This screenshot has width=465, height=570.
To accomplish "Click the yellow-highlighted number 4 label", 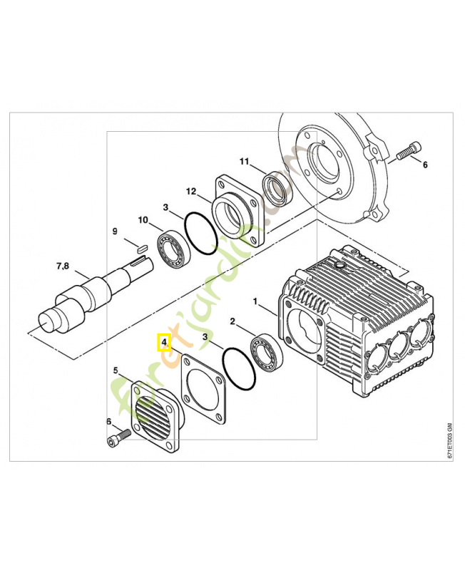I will click(164, 343).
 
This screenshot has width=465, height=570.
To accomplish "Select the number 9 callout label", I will click(113, 231).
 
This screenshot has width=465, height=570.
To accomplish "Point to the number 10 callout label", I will click(143, 220).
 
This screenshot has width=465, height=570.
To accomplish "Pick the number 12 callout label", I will click(190, 191).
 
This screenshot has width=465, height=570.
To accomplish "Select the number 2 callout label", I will click(231, 322).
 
